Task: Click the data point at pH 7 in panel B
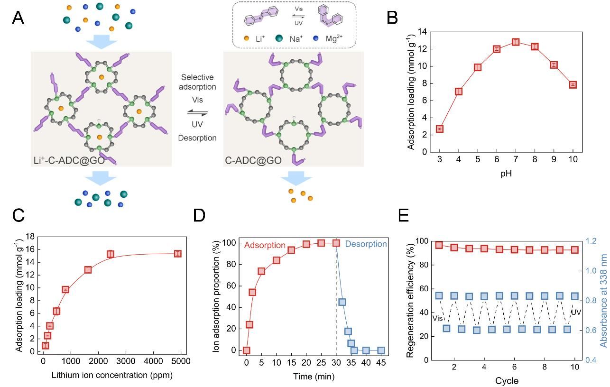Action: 516,42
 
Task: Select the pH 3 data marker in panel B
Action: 440,129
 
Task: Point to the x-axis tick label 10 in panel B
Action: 573,159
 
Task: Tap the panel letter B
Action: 392,18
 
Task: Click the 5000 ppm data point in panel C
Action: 178,254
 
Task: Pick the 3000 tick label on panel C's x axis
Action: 126,361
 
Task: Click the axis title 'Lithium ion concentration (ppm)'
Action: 112,375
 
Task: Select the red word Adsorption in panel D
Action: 265,245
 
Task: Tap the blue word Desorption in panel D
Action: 366,244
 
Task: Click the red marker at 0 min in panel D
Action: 247,350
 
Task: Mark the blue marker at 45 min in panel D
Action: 381,350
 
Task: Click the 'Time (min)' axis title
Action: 314,377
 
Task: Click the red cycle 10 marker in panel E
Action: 574,250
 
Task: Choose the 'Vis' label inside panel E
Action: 438,318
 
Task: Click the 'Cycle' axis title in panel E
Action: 507,380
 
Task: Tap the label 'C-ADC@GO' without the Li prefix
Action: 253,160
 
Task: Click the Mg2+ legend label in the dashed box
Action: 334,38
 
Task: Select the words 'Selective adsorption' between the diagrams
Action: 197,82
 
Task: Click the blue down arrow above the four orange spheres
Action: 296,178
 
